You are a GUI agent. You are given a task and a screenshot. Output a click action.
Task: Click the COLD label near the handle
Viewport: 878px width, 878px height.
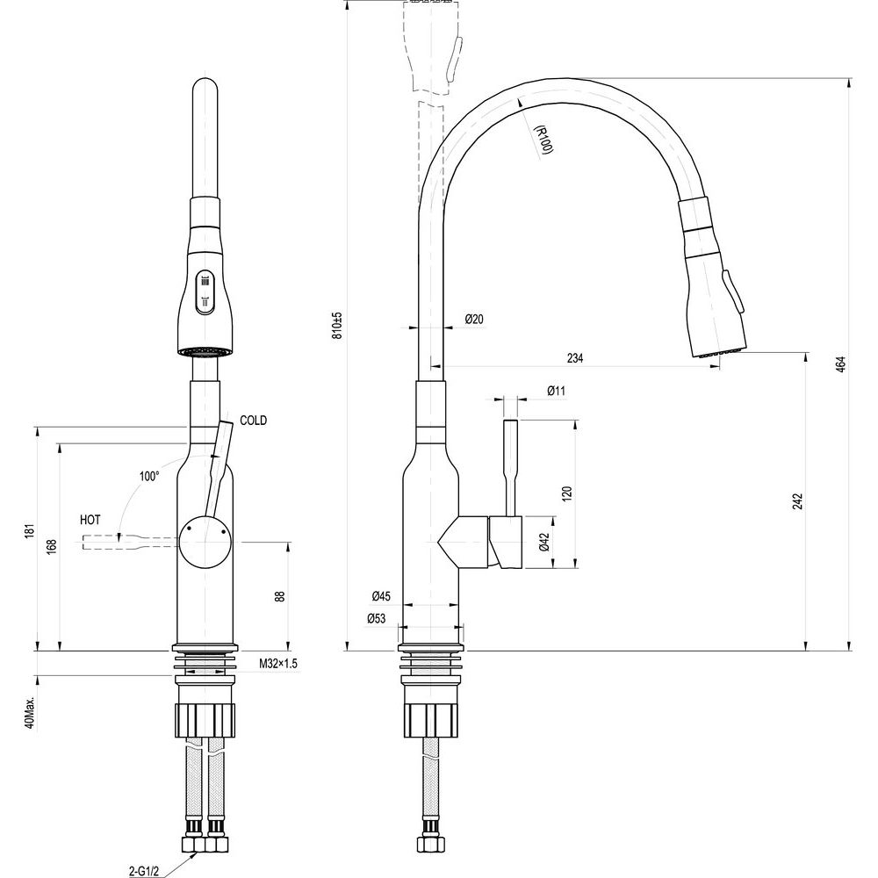point(253,420)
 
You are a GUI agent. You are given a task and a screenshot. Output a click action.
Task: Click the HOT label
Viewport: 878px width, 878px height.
point(90,520)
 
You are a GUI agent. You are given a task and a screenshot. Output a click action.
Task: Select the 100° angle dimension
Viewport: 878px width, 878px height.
point(149,477)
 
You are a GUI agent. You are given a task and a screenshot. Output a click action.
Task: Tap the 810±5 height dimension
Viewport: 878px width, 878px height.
point(337,326)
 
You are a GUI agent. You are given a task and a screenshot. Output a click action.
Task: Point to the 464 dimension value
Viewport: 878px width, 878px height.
point(840,364)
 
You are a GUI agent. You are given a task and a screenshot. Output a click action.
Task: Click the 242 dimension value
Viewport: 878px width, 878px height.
point(798,500)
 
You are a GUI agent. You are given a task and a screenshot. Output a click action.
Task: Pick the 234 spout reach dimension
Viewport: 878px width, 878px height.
point(575,358)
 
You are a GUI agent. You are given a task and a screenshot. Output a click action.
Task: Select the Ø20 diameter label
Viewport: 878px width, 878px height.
point(474,320)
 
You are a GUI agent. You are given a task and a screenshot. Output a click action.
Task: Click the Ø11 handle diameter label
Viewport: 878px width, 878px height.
point(556,391)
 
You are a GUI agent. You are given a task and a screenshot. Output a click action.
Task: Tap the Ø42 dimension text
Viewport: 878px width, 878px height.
point(544,542)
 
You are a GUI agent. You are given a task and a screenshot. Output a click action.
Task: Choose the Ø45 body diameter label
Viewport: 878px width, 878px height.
point(381,596)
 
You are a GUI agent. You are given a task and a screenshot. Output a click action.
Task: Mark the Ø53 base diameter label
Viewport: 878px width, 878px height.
point(377,618)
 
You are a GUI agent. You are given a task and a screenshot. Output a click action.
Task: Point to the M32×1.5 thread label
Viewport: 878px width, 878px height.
point(278,664)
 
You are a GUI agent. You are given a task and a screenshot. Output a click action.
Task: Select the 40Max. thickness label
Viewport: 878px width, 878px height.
point(30,713)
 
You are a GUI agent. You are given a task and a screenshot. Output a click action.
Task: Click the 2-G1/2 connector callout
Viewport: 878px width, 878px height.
point(143,871)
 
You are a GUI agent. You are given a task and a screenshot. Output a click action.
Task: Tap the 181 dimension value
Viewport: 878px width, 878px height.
point(30,531)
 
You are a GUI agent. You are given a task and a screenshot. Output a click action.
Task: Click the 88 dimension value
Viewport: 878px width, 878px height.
point(280,596)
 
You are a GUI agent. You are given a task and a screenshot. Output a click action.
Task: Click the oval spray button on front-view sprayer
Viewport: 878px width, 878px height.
point(205,291)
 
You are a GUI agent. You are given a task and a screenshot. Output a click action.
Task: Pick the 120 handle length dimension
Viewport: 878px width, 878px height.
point(567,493)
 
